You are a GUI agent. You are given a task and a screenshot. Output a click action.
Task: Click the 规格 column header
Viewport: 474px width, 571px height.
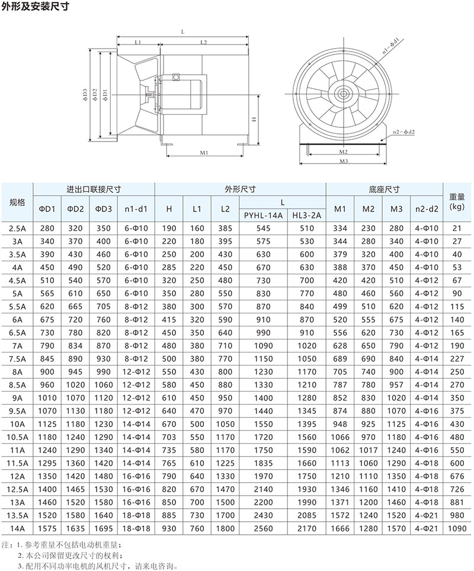pos(17,202)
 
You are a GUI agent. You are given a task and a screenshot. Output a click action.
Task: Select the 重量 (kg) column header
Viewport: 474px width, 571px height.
pos(456,202)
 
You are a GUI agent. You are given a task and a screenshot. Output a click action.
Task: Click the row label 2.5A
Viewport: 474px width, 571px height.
pos(17,228)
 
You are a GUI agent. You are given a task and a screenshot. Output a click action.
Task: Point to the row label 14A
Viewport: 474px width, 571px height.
pos(17,528)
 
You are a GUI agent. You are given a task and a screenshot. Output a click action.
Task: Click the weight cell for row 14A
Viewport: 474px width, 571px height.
pos(456,528)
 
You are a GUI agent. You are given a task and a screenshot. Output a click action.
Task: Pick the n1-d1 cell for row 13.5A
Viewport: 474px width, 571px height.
pos(137,515)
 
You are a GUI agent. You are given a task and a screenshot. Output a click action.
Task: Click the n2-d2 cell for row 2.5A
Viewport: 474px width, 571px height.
pos(427,228)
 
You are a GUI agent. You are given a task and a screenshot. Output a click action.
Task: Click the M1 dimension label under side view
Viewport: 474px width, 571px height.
pos(203,153)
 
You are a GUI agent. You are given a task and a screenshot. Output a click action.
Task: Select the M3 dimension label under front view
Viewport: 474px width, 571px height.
pos(342,161)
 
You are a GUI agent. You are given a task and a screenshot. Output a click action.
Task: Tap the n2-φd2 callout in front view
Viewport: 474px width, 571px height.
pos(403,133)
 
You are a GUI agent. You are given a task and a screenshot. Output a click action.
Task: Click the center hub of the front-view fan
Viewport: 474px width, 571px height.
pos(342,93)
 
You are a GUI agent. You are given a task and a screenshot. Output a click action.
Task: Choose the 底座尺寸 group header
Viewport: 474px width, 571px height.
pos(384,190)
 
